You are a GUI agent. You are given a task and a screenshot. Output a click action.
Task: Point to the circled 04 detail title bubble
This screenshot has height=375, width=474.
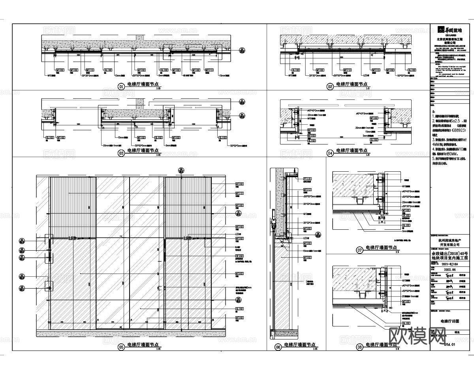coord(330,152)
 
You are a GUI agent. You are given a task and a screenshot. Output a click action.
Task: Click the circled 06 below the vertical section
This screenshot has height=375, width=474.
coord(278,347)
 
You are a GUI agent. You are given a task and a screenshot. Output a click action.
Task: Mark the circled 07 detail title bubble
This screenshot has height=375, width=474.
coord(359,249)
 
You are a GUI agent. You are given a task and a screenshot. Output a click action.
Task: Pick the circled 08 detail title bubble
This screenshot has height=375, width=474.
coord(359,347)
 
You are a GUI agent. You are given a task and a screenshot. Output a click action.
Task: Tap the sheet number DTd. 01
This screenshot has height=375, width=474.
coord(450,344)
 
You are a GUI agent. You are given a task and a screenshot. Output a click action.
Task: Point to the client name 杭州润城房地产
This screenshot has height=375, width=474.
coord(450,240)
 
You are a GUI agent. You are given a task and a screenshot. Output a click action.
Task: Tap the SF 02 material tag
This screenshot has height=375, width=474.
coord(240,256)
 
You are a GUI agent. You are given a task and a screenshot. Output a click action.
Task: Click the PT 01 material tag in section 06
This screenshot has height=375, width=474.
coord(307,179)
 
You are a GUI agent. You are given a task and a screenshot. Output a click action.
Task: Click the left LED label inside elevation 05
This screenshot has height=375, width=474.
coord(73,238)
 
